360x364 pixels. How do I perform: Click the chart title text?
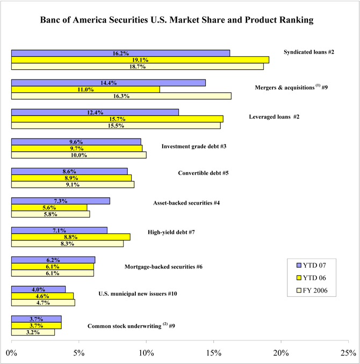pyautogui.click(x=180, y=21)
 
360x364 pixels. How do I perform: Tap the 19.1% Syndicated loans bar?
pyautogui.click(x=140, y=60)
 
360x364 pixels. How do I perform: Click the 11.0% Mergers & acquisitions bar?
pyautogui.click(x=85, y=89)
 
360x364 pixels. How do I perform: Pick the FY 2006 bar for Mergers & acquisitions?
pyautogui.click(x=121, y=96)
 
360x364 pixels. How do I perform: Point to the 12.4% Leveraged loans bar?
pyautogui.click(x=95, y=112)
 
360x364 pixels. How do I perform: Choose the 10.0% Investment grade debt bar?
pyautogui.click(x=78, y=155)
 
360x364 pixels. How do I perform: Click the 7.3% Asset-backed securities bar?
pyautogui.click(x=60, y=200)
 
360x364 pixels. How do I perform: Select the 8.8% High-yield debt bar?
pyautogui.click(x=70, y=237)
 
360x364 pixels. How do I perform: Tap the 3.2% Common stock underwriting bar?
pyautogui.click(x=33, y=332)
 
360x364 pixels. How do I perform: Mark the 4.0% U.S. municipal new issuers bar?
pyautogui.click(x=38, y=289)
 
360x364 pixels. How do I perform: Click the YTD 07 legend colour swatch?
pyautogui.click(x=300, y=265)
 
